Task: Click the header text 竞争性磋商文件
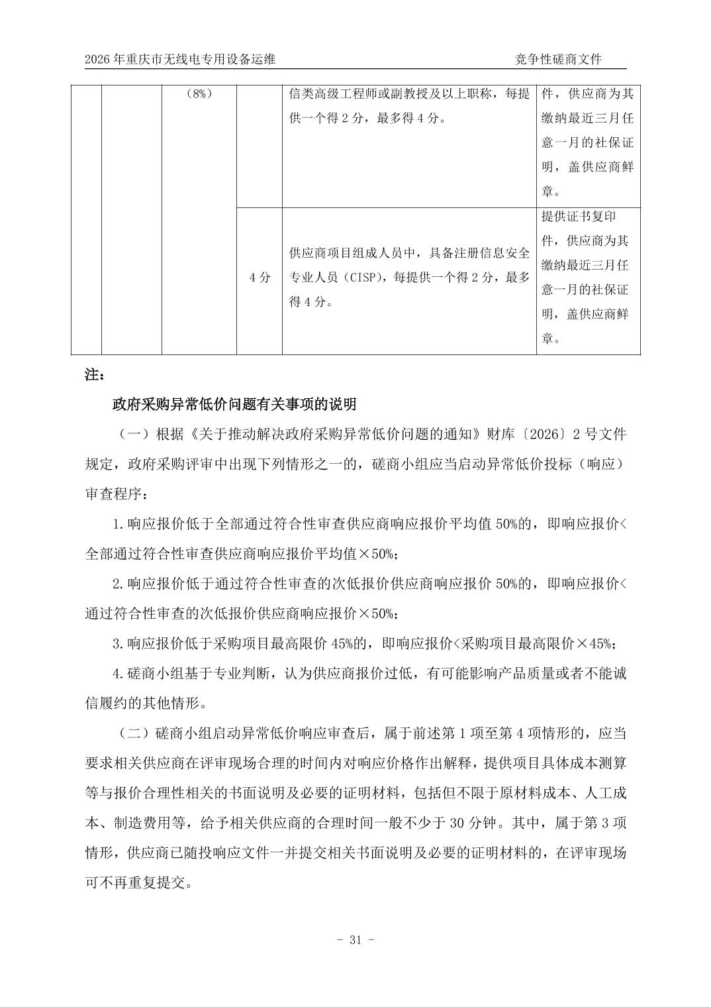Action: (x=559, y=59)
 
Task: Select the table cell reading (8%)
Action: (x=199, y=93)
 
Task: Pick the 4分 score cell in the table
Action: (x=260, y=278)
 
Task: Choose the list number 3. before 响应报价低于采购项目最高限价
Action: (x=118, y=643)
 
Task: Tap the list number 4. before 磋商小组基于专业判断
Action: (x=118, y=674)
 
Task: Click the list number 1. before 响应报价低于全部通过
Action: (x=118, y=524)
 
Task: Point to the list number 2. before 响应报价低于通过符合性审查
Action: (x=118, y=584)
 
